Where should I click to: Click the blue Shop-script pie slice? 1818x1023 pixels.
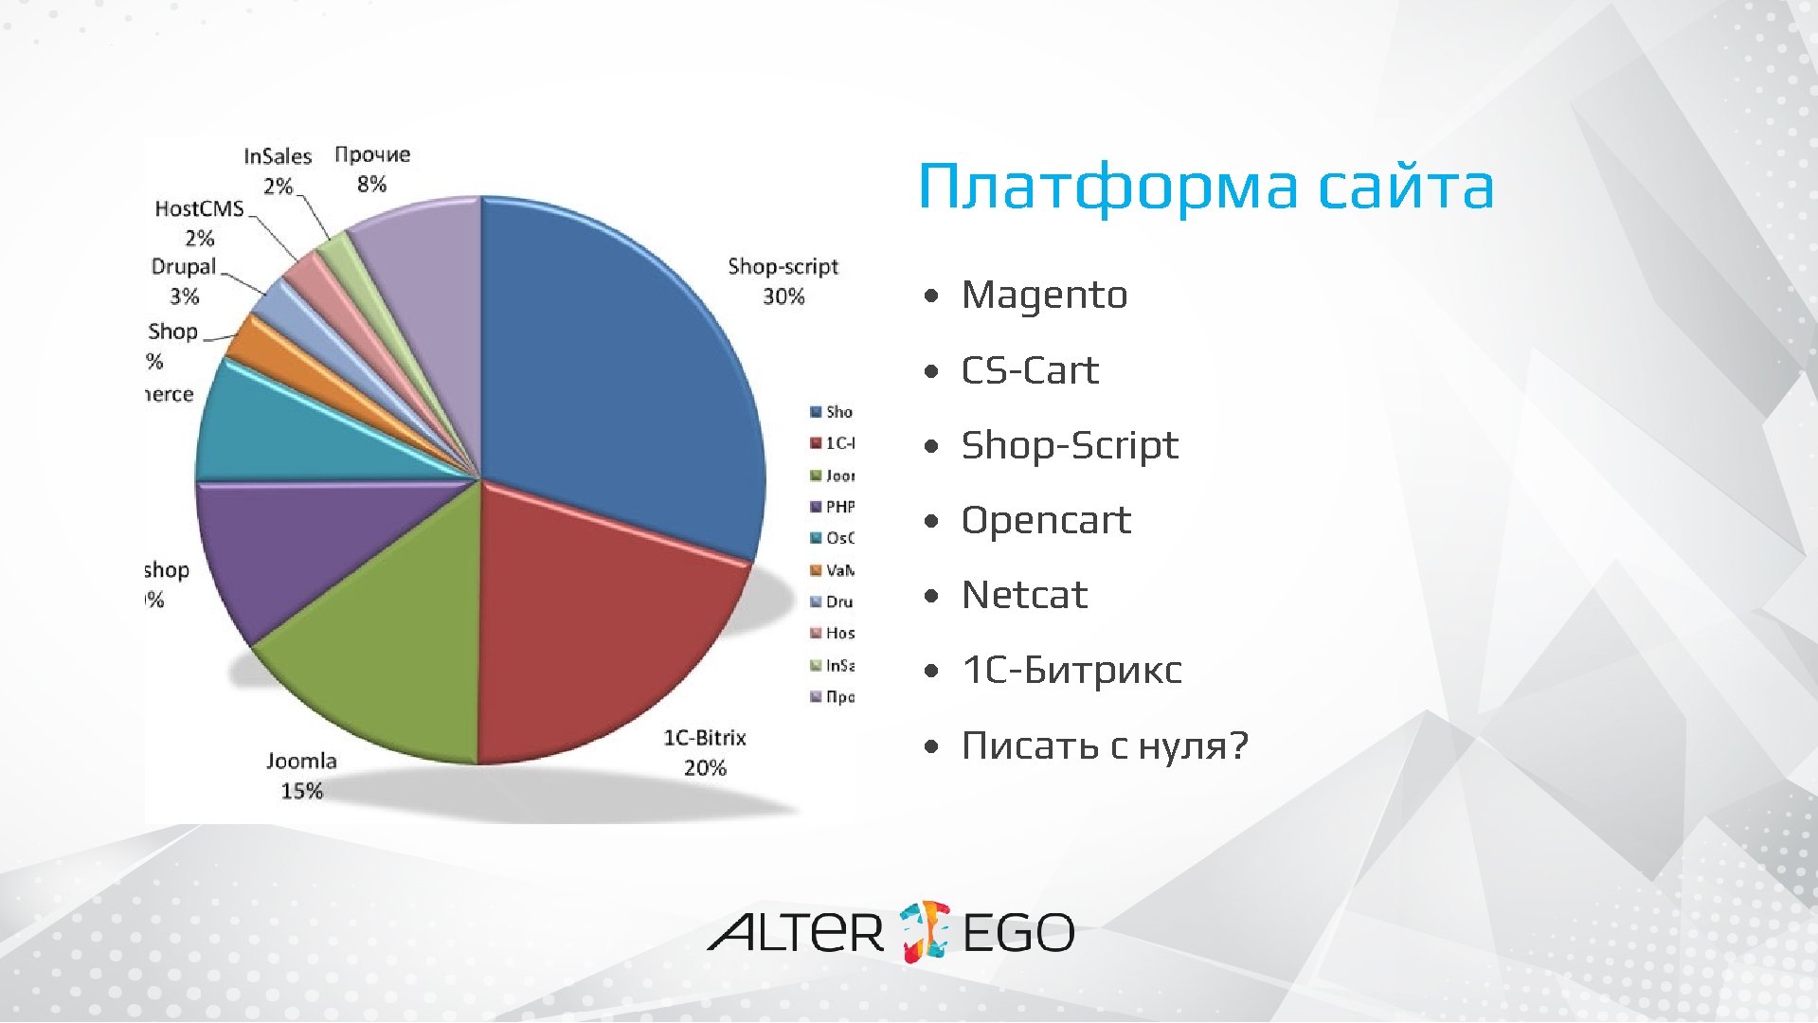click(616, 369)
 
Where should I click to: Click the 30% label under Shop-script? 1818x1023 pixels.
click(783, 296)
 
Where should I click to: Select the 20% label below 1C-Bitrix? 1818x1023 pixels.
click(705, 768)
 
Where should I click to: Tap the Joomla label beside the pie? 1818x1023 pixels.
click(301, 761)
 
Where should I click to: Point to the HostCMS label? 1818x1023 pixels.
click(199, 208)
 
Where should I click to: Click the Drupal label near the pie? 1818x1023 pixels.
click(184, 266)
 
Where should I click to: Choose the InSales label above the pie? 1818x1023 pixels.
click(278, 156)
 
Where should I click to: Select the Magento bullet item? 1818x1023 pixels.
click(1044, 295)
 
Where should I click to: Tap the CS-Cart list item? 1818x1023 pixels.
click(1030, 370)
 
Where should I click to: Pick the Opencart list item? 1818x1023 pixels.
click(1046, 520)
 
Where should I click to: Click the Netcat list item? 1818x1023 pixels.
click(1024, 595)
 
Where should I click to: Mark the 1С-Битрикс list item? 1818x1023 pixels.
click(1071, 670)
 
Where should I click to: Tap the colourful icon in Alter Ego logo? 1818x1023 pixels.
click(924, 930)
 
